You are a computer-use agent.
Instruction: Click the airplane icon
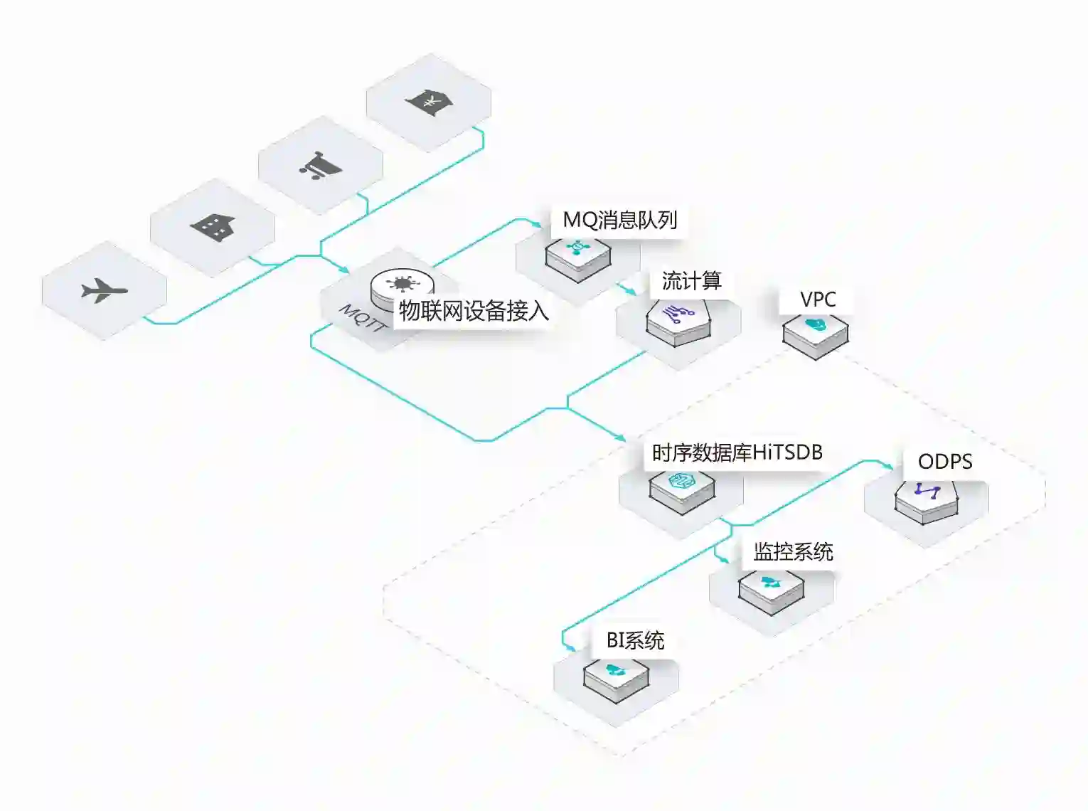pos(104,290)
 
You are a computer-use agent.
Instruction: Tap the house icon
pos(213,227)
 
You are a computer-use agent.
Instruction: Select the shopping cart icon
pos(320,166)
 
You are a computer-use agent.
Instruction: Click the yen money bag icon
pos(429,102)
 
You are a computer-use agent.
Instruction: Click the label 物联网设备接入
pos(474,311)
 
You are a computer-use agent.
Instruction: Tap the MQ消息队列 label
pos(619,220)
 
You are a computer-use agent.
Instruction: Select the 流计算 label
pos(691,281)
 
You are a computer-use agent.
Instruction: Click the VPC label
pos(818,300)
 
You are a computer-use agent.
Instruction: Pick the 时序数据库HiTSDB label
pos(737,452)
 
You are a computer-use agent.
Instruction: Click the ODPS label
pos(945,462)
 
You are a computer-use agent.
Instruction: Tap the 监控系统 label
pos(793,551)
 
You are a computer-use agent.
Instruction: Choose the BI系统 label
pos(635,640)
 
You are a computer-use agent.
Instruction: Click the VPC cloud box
pos(816,335)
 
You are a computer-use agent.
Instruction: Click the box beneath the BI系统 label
pos(616,679)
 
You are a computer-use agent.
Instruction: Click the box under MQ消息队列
pos(578,258)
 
